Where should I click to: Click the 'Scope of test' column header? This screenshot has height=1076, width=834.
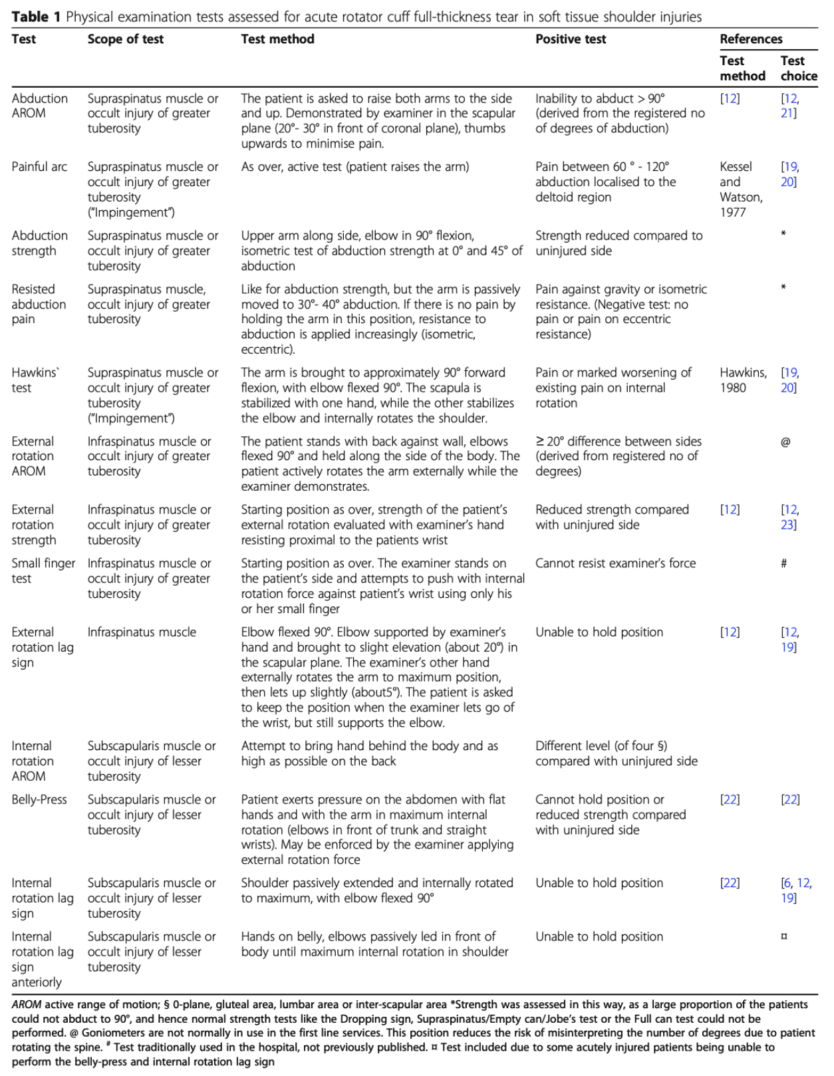click(x=125, y=39)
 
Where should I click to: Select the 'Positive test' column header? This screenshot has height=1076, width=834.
click(x=571, y=39)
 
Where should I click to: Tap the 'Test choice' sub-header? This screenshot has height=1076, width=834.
click(x=798, y=68)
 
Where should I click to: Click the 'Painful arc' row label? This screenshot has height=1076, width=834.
click(x=39, y=167)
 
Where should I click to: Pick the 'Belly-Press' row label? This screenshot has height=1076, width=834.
click(x=39, y=799)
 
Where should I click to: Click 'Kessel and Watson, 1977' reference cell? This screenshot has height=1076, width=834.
click(x=741, y=190)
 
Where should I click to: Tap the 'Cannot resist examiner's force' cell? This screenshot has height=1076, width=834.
click(x=615, y=563)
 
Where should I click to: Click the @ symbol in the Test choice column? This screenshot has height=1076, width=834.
click(x=785, y=442)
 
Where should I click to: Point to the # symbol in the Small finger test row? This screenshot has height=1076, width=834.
click(x=784, y=564)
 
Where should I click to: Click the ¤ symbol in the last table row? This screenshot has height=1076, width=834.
click(x=784, y=936)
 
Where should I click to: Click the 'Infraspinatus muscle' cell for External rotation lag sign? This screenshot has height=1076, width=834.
click(x=142, y=632)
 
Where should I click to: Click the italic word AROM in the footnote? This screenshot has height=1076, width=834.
click(x=26, y=1004)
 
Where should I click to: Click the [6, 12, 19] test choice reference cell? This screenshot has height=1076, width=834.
click(x=796, y=890)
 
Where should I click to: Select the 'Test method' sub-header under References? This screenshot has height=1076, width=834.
click(x=742, y=68)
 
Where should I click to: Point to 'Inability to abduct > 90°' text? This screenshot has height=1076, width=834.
click(x=600, y=98)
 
